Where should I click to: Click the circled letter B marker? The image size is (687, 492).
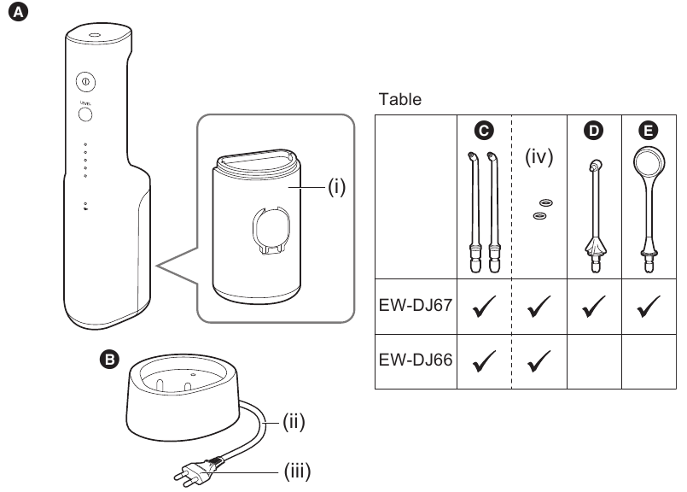pyautogui.click(x=109, y=361)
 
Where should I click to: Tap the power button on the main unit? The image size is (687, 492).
pyautogui.click(x=85, y=81)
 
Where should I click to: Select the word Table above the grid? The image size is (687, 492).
pyautogui.click(x=400, y=99)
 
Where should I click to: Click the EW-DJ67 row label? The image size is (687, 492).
pyautogui.click(x=414, y=303)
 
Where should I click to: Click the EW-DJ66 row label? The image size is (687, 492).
pyautogui.click(x=414, y=361)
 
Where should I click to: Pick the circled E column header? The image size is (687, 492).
pyautogui.click(x=649, y=131)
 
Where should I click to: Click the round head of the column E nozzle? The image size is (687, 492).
pyautogui.click(x=649, y=164)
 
